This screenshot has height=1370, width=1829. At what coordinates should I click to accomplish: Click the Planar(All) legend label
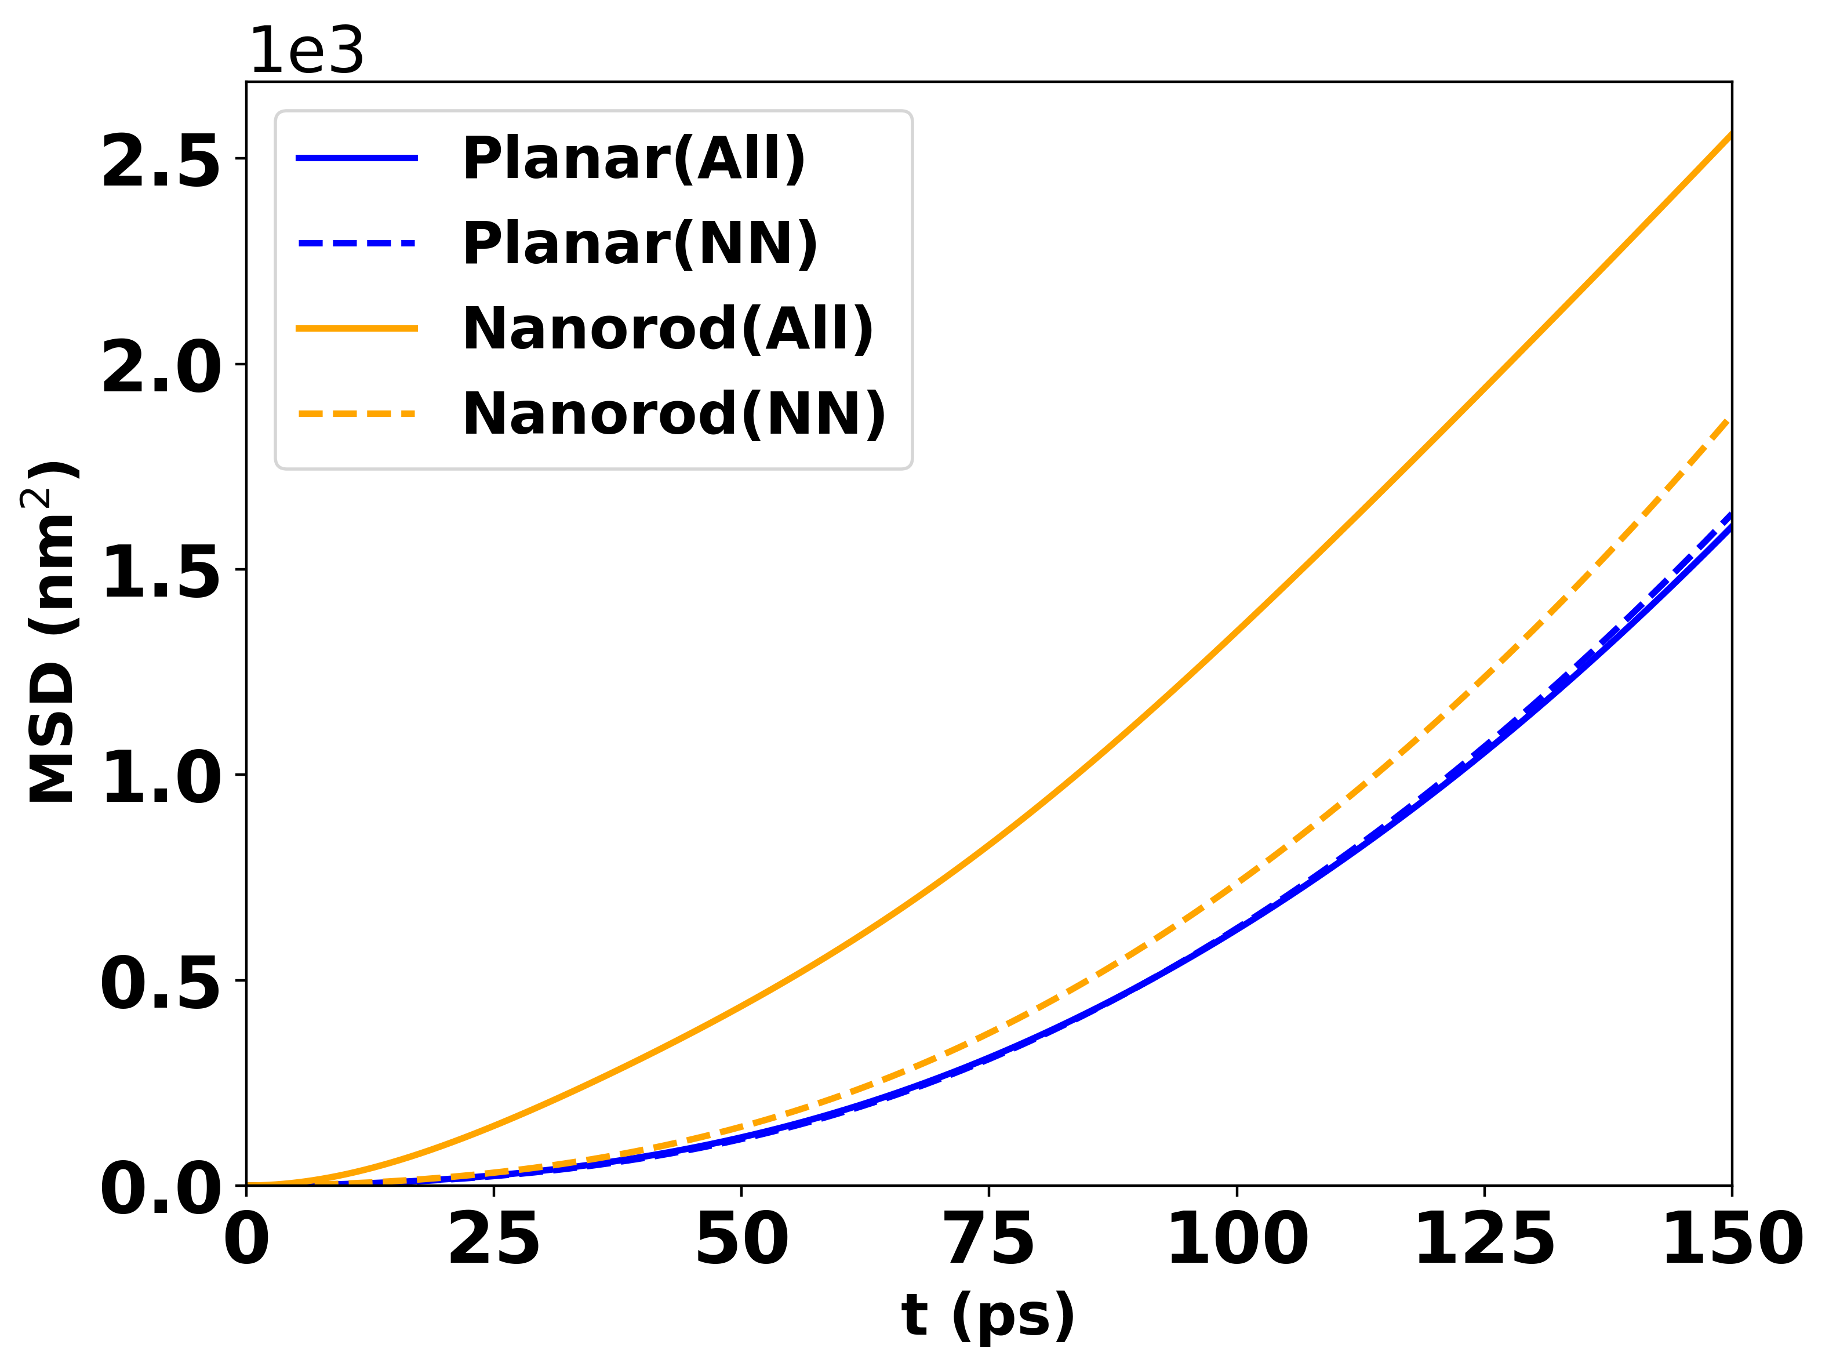tap(634, 159)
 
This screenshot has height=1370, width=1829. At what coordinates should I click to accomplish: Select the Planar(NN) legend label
tap(640, 244)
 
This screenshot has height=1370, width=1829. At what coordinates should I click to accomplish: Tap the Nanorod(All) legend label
tap(668, 329)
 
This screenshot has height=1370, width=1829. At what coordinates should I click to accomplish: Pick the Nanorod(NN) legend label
tap(674, 414)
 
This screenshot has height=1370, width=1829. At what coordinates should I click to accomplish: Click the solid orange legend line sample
tap(357, 328)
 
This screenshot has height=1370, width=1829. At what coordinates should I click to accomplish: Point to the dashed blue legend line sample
tap(357, 243)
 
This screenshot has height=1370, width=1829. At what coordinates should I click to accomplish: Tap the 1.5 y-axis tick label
tap(161, 571)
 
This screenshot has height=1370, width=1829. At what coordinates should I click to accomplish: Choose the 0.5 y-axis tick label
tap(161, 982)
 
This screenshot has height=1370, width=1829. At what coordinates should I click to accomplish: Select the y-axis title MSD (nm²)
tap(50, 633)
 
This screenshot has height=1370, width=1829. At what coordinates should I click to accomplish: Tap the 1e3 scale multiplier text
tap(306, 51)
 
